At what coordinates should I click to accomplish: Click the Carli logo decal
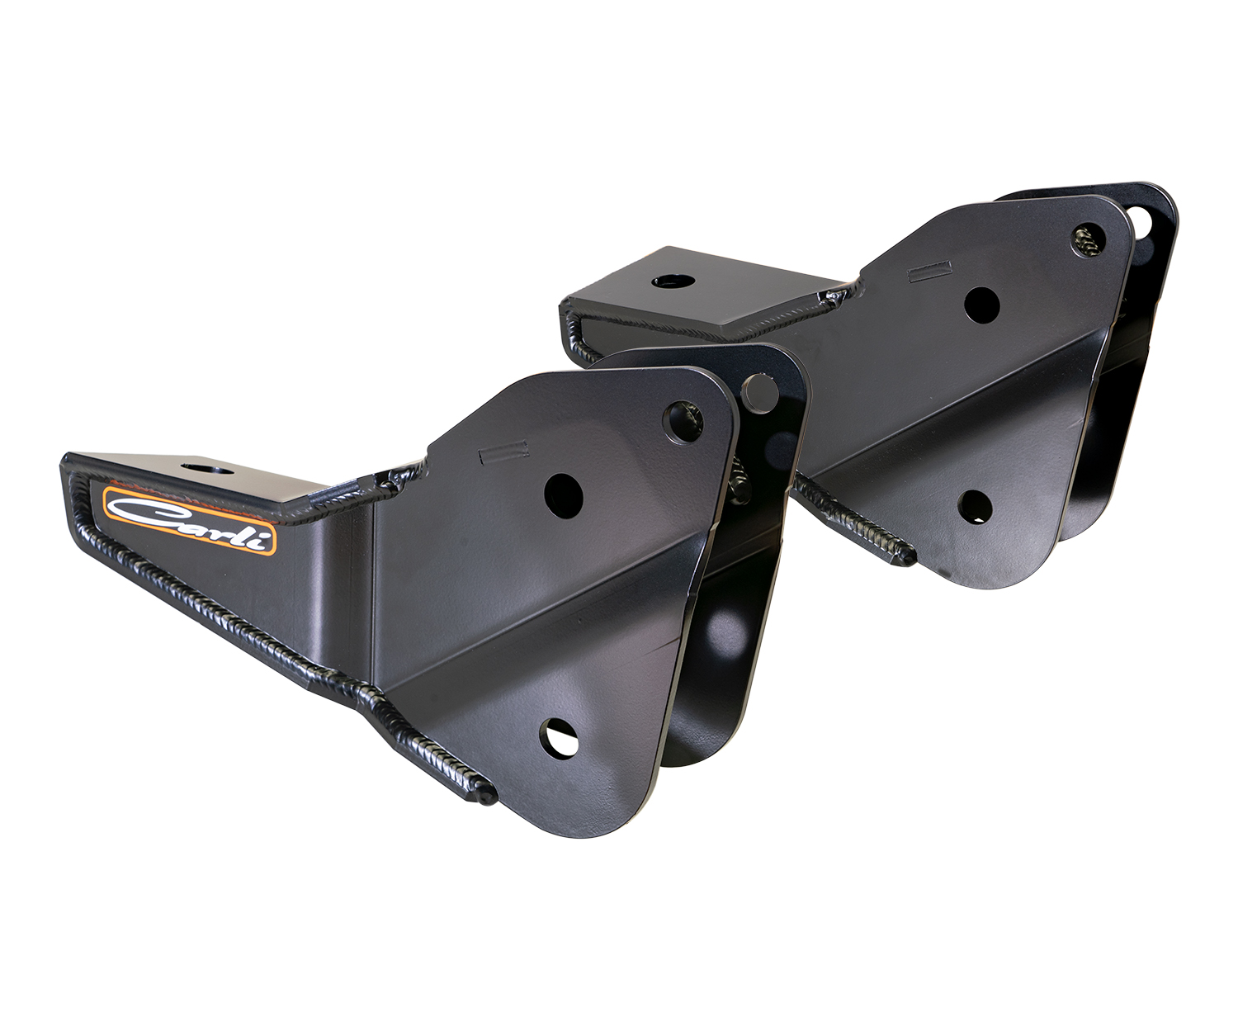point(190,519)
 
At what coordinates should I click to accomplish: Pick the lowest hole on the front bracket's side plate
point(559,736)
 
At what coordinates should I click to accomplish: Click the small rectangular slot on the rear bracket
point(928,270)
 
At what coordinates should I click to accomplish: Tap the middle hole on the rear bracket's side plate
point(981,305)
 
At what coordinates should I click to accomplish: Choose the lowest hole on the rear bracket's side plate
point(975,505)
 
